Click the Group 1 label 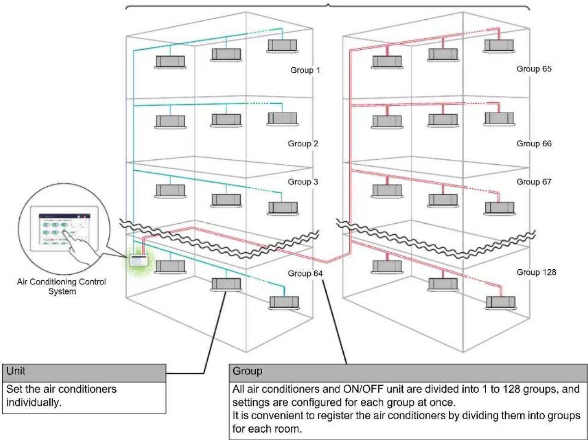click(305, 70)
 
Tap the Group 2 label click(303, 144)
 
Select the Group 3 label click(303, 182)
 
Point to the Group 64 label click(305, 273)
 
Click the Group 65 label click(534, 69)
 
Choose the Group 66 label click(534, 144)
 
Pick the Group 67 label click(534, 182)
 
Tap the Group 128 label click(536, 272)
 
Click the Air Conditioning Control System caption click(62, 286)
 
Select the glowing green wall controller click(139, 261)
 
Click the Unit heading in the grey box click(16, 371)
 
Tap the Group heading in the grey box click(247, 371)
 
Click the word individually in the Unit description click(34, 402)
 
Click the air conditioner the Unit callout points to click(226, 284)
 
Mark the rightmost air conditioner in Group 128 click(501, 303)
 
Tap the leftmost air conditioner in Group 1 click(171, 62)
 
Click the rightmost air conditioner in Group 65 click(499, 46)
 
